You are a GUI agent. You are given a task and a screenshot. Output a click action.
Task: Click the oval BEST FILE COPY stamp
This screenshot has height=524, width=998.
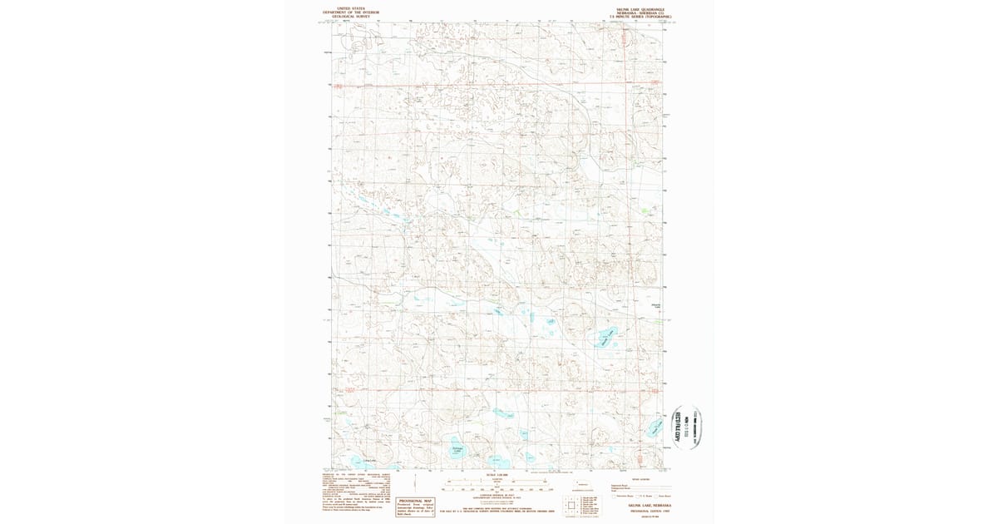(x=687, y=427)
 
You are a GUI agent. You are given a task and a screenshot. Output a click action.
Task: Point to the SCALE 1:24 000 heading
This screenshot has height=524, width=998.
(x=497, y=475)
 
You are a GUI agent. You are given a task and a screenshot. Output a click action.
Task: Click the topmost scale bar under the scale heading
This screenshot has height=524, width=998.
(x=497, y=481)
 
